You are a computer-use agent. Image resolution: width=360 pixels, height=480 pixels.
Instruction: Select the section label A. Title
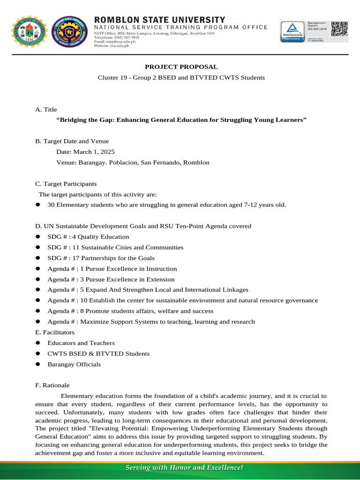[x=46, y=109]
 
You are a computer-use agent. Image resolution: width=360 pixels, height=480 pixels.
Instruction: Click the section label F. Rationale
[x=52, y=385]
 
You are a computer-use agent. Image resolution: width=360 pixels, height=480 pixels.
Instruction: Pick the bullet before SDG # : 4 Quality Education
[x=38, y=237]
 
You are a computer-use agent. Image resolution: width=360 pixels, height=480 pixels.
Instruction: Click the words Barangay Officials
[x=74, y=364]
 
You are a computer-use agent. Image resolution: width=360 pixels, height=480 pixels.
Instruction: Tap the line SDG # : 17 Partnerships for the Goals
[x=101, y=258]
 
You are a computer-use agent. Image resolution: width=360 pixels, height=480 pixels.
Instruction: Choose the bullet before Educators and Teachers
[x=38, y=343]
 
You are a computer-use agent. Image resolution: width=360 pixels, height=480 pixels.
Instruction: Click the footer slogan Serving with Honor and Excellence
[x=183, y=467]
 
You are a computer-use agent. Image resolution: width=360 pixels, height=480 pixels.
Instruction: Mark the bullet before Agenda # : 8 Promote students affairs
[x=38, y=311]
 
